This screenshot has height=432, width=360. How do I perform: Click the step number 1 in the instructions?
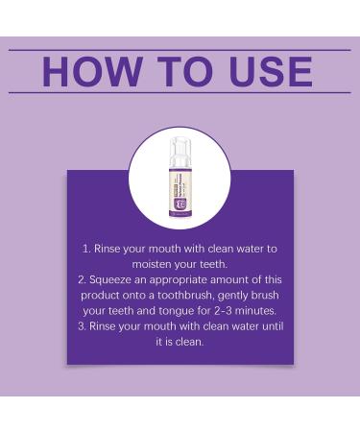click(x=85, y=249)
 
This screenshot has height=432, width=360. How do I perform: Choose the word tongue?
click(x=174, y=311)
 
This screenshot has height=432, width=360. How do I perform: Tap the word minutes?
click(x=261, y=311)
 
